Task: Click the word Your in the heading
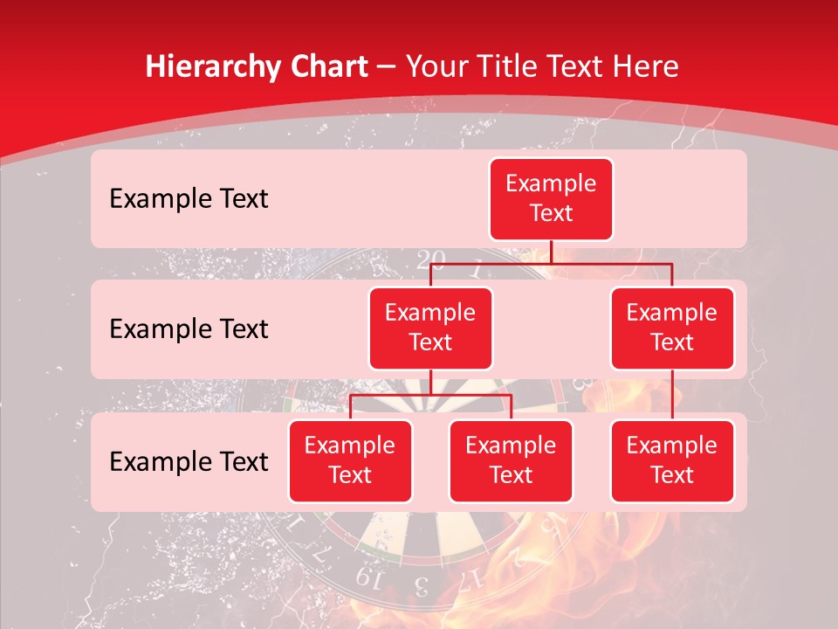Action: (436, 66)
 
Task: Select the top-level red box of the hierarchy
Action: (551, 198)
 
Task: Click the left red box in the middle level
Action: (430, 328)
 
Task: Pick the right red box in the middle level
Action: (672, 328)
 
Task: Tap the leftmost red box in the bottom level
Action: (350, 460)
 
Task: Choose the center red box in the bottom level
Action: (511, 460)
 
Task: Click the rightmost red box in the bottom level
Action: (672, 460)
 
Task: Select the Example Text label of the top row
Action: (189, 198)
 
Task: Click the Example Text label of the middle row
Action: (189, 328)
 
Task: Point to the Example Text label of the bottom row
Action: (189, 461)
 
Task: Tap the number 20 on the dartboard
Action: (430, 259)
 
